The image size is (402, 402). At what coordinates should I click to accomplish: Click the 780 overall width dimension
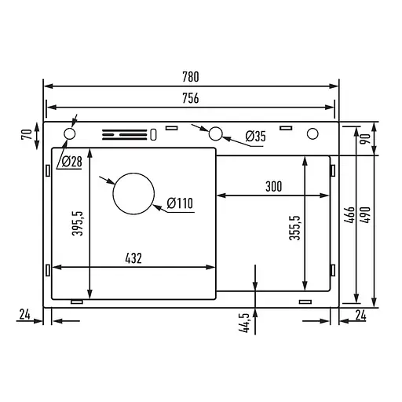pos(190,77)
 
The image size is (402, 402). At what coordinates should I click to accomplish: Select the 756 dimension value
pos(190,99)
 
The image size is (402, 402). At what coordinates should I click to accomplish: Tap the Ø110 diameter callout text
pos(179,205)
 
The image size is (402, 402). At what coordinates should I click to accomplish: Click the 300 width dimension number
pos(274,187)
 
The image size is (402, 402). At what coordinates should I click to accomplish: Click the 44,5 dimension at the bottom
pos(245,323)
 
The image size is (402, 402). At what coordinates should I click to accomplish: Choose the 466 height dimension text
pos(349,216)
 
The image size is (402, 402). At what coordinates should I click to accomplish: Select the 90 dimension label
pos(364,139)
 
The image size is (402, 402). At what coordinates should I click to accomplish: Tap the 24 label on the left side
pos(24,316)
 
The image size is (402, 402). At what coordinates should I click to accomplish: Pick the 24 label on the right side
pos(360,316)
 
